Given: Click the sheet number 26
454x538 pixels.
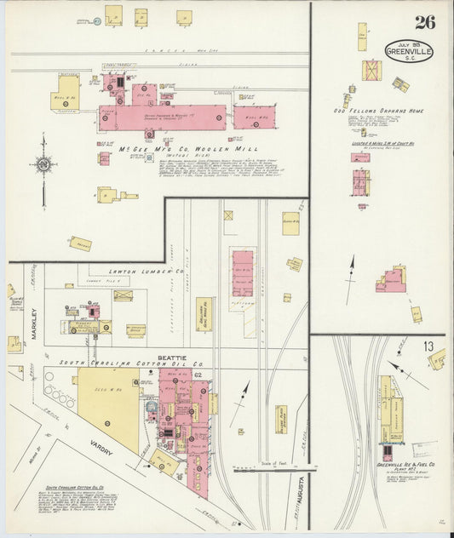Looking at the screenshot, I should click(x=424, y=22).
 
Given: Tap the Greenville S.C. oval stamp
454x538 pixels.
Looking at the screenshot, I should click(x=408, y=51).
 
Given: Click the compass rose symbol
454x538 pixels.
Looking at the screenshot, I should click(x=43, y=163).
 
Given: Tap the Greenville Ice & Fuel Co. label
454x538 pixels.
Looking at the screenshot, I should click(x=406, y=465).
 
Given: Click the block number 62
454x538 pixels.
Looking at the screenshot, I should click(x=197, y=375).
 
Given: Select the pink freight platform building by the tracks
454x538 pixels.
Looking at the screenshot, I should click(x=243, y=273).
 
